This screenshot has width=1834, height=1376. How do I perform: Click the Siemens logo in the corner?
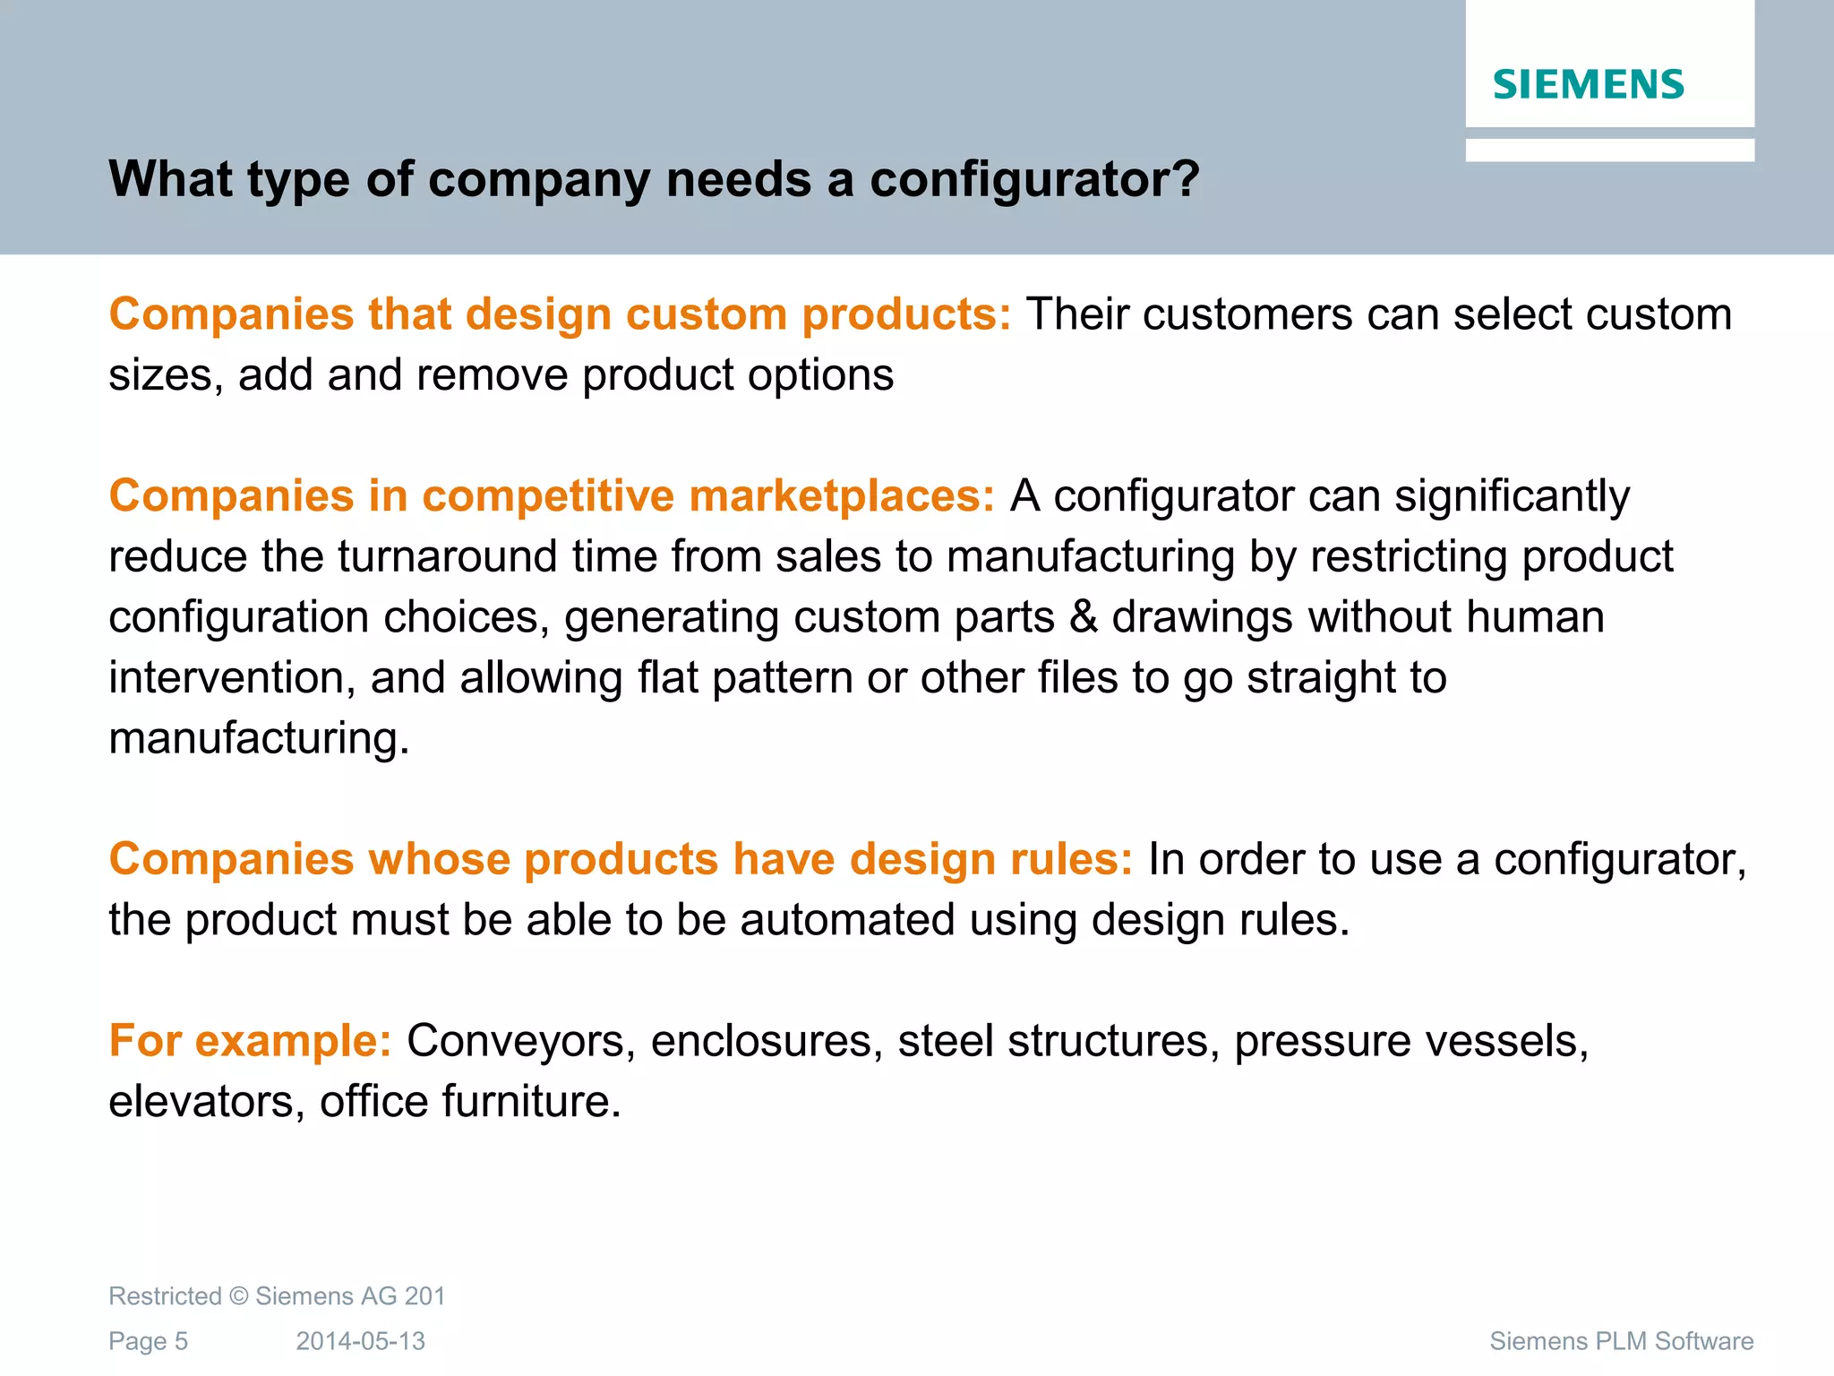coord(1588,84)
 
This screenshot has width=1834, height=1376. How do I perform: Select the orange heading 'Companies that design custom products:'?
coord(560,314)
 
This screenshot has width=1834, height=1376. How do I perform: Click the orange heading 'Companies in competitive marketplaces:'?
coord(552,496)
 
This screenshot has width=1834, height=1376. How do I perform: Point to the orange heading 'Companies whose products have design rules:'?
coord(621,859)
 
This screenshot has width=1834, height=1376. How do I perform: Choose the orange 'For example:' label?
coord(250,1041)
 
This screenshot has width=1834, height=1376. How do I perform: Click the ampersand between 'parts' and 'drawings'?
coord(1084,617)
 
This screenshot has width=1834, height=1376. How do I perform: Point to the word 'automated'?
coord(847,920)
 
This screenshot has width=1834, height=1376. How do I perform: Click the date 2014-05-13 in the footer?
coord(361,1341)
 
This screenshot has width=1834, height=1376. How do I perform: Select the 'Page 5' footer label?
coord(148,1341)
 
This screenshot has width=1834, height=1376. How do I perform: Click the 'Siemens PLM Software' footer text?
coord(1621,1341)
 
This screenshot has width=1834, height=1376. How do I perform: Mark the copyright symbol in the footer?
coord(238,1296)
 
